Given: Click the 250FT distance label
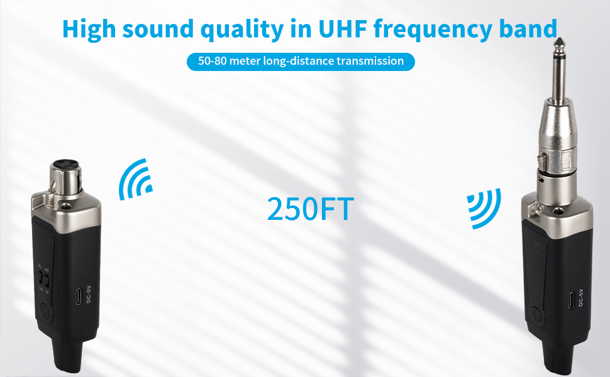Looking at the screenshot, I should (x=310, y=209).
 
